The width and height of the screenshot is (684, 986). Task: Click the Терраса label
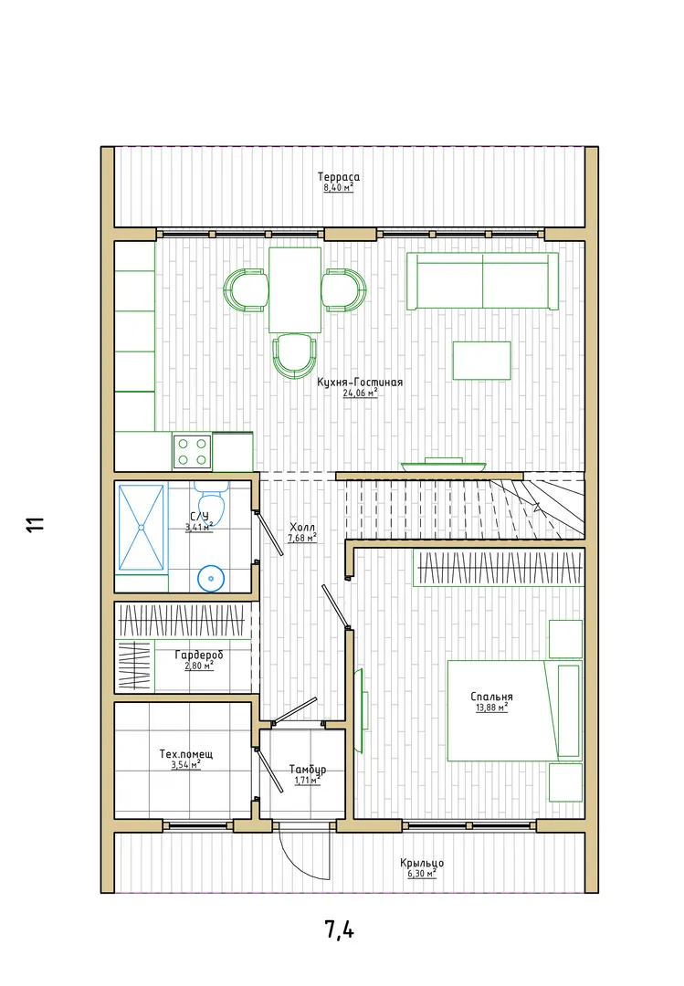coord(339,177)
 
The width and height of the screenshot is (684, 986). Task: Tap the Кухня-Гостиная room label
coord(360,383)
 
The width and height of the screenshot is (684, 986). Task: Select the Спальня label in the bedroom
coord(492,697)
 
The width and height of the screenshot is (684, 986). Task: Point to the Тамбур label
coord(308,770)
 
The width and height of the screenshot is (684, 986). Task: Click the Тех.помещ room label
coord(186,753)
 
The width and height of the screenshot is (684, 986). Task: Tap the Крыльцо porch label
coord(422,864)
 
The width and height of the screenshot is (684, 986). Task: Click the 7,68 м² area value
coord(302,539)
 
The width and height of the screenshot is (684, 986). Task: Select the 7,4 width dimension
coord(340,928)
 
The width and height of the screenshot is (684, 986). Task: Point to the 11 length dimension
coord(36,524)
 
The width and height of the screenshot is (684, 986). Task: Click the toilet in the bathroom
coord(211,499)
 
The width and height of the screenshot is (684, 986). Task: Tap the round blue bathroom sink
coord(212,578)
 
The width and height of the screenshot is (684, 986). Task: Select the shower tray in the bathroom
coord(141,527)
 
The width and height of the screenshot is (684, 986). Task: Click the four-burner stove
coord(192,452)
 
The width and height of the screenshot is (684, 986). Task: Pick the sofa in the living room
coord(483,281)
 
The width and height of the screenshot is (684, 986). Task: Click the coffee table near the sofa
coord(482,361)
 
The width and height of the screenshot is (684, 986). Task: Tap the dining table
coord(295,289)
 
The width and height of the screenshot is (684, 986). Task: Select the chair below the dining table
coord(294,355)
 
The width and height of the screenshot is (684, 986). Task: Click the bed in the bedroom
coord(515,710)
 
